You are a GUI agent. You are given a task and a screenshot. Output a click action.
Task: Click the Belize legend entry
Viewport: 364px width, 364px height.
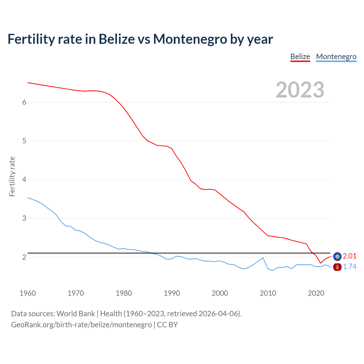300,57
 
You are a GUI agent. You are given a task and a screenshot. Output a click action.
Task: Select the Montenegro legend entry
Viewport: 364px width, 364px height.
336,57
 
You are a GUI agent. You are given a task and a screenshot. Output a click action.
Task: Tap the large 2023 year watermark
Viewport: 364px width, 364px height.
300,90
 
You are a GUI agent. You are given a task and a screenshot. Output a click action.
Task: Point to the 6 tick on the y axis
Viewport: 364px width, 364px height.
24,102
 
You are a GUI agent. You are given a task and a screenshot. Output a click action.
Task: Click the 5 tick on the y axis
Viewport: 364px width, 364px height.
24,141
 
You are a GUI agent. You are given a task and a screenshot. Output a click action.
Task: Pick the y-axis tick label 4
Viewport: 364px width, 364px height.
24,180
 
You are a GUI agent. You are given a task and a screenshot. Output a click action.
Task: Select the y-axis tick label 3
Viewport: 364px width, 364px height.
24,218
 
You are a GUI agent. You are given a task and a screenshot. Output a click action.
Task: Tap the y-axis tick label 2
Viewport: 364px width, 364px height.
24,257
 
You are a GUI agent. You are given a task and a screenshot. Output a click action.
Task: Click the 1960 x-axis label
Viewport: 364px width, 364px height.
28,293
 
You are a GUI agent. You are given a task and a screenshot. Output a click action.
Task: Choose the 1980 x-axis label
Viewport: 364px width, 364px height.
124,293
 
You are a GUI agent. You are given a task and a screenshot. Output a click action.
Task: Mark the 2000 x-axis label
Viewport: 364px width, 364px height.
220,293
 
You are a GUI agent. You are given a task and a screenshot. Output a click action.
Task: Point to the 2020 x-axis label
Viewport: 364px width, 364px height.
316,293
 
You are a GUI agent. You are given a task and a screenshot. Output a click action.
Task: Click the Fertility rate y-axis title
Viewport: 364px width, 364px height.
12,176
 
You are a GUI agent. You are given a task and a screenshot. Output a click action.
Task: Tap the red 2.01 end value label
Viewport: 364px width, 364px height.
349,256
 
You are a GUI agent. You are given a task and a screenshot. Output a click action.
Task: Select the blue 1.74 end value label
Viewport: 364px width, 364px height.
349,267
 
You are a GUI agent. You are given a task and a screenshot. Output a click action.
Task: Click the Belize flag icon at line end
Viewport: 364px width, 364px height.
337,257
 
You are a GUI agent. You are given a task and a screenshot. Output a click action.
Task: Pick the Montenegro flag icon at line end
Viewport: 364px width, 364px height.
337,267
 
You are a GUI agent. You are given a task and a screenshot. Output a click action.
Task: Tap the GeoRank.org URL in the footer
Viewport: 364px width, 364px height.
81,325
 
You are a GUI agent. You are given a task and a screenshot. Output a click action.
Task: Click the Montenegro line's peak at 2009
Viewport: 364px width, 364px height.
263,258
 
